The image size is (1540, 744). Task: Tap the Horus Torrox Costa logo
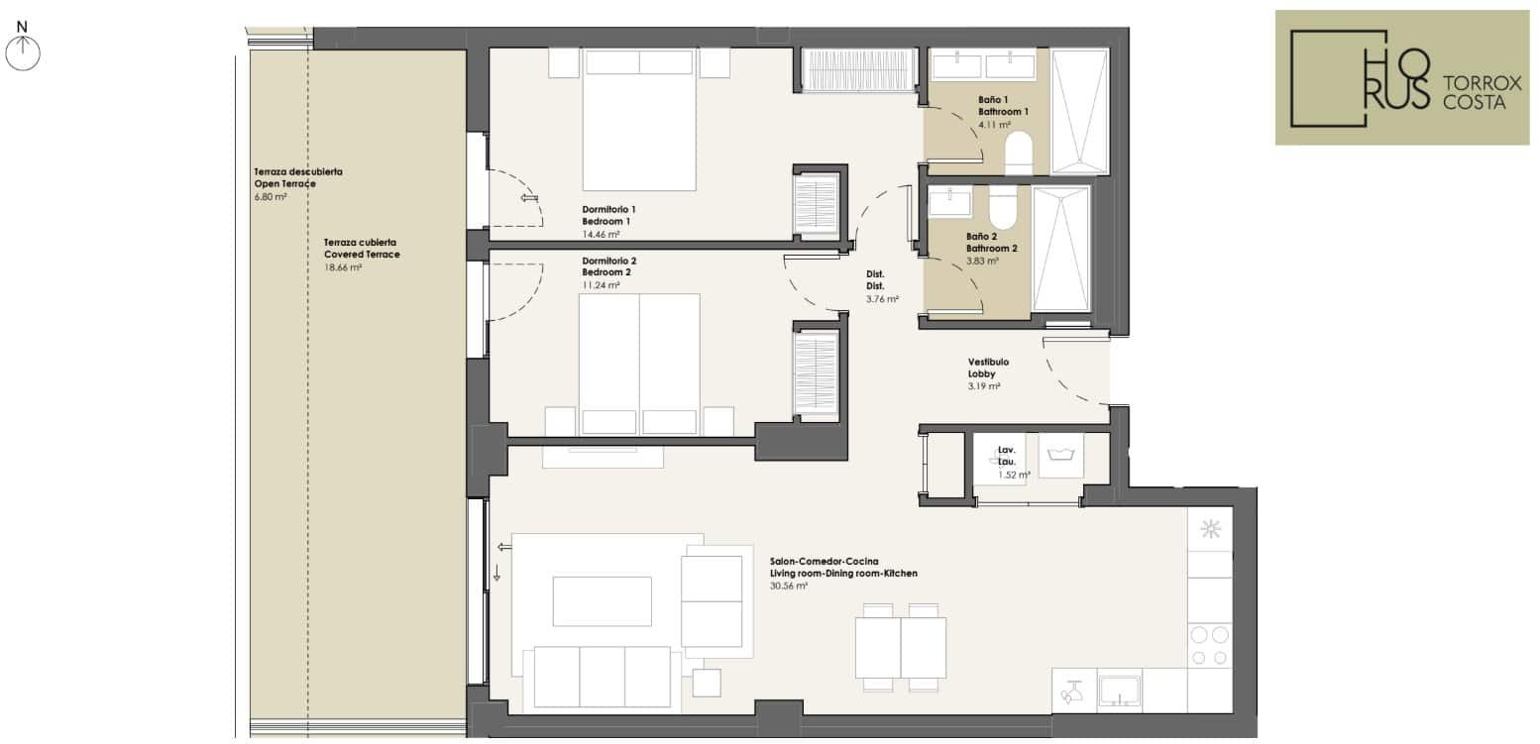coord(1402,77)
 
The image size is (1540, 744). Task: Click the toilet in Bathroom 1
coord(1019,153)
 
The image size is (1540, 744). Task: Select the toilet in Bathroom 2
coord(1002,207)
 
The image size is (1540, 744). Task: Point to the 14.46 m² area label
coord(601,234)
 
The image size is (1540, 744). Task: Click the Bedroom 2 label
coord(606,272)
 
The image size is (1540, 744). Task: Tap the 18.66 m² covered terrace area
coord(342,267)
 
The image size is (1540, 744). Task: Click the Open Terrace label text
coord(284,184)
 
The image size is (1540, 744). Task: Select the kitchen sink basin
coord(1120,691)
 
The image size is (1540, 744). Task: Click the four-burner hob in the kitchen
coord(1210,645)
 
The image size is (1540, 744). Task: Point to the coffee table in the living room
coord(603,601)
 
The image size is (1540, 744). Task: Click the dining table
coord(901,648)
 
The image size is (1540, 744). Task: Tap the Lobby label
coord(982,374)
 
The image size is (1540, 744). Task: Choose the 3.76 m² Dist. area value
coord(882,299)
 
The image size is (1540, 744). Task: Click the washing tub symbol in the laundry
coord(1060,455)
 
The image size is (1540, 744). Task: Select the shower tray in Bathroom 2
coord(1060,249)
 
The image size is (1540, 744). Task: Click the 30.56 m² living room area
coord(789,586)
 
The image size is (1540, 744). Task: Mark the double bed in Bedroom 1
coord(639,120)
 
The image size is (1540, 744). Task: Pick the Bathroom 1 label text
coord(1003,112)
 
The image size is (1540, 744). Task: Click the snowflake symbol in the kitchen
coord(1210,529)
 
